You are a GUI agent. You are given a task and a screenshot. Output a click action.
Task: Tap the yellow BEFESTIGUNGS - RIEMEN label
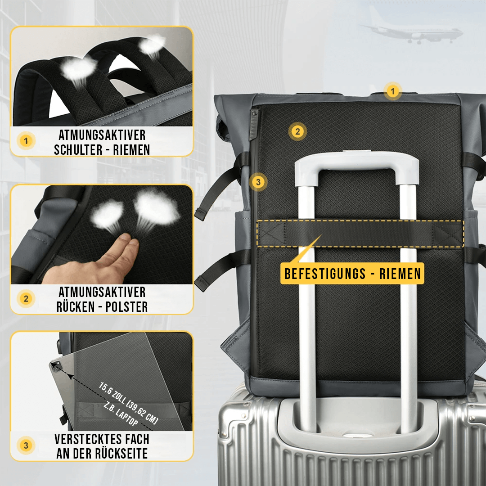352,273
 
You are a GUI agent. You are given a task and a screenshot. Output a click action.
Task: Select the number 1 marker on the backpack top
392,91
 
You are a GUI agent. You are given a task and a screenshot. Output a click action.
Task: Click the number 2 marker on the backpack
297,132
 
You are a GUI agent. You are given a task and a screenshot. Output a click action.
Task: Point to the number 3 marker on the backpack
258,182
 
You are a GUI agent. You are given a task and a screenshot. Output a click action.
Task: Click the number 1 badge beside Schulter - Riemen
26,141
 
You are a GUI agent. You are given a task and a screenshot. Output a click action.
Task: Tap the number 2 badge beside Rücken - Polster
26,298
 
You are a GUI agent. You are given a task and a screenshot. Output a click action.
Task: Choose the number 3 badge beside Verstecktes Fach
26,445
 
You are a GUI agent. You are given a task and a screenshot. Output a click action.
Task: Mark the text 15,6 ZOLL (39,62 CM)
128,402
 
